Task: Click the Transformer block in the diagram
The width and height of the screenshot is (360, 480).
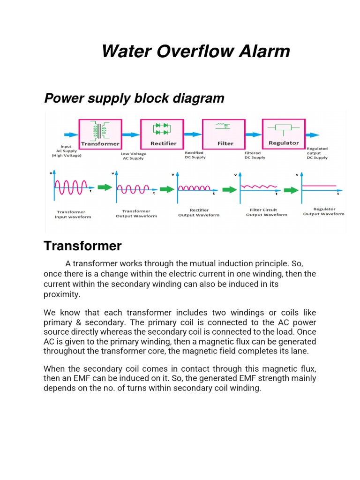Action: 100,134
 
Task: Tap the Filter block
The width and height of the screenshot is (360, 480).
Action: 224,134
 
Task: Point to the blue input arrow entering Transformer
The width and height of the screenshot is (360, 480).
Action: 71,135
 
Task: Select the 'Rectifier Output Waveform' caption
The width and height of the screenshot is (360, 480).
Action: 199,212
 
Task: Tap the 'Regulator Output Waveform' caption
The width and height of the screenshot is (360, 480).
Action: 323,211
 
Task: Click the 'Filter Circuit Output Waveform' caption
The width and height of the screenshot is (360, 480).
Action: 266,212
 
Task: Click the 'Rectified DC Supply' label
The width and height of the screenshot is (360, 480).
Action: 195,155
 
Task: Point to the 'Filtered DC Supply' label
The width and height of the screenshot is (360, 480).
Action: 255,155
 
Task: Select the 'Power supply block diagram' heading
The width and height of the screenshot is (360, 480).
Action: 134,98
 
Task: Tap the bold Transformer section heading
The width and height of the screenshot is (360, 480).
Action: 82,246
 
